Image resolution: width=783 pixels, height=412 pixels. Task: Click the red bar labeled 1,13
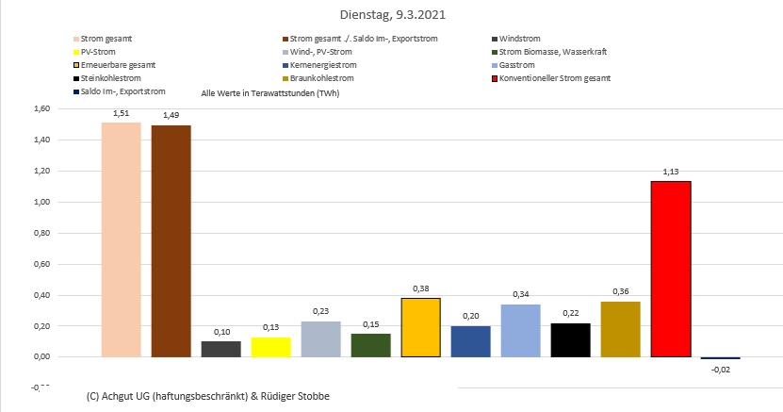coord(670,269)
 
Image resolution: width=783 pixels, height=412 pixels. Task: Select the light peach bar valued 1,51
coord(121,239)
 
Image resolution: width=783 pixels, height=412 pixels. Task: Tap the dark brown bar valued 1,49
coord(171,241)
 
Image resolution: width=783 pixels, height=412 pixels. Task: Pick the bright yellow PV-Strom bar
coord(270,347)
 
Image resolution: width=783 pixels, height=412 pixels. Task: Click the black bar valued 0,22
coord(570,339)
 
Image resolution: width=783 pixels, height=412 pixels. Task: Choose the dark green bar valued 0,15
coord(370,345)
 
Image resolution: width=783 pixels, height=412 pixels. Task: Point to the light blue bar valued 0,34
coord(520,331)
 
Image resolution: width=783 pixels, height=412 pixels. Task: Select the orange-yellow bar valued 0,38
coord(420,327)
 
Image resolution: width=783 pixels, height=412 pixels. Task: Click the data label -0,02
coord(720,371)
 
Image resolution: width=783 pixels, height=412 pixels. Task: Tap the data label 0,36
coord(620,291)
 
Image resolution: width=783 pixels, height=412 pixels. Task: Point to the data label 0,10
coord(220,331)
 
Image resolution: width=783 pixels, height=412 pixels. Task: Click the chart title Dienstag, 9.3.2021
coord(391,15)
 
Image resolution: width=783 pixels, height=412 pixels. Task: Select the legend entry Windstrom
coord(519,39)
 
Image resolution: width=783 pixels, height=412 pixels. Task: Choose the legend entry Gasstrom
coord(517,65)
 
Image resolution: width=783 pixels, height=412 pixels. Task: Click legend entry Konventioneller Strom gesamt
coord(555,78)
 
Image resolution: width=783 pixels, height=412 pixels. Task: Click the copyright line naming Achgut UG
coord(207,396)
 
